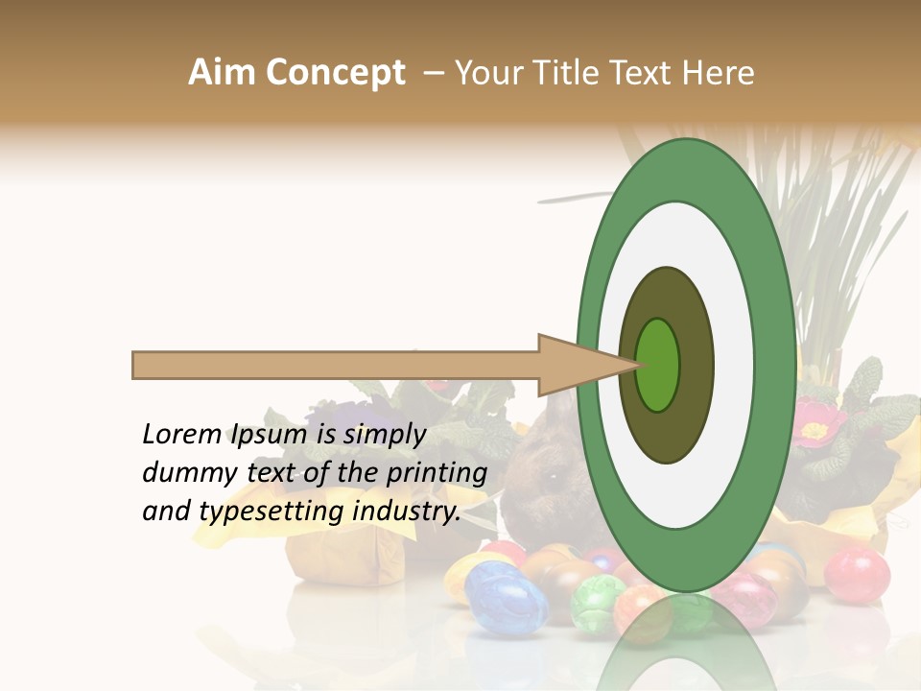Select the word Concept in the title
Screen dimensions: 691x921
pos(335,73)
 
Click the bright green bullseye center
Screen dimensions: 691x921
pos(658,365)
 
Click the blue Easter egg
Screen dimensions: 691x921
pos(507,598)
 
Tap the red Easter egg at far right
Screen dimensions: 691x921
pos(857,574)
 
